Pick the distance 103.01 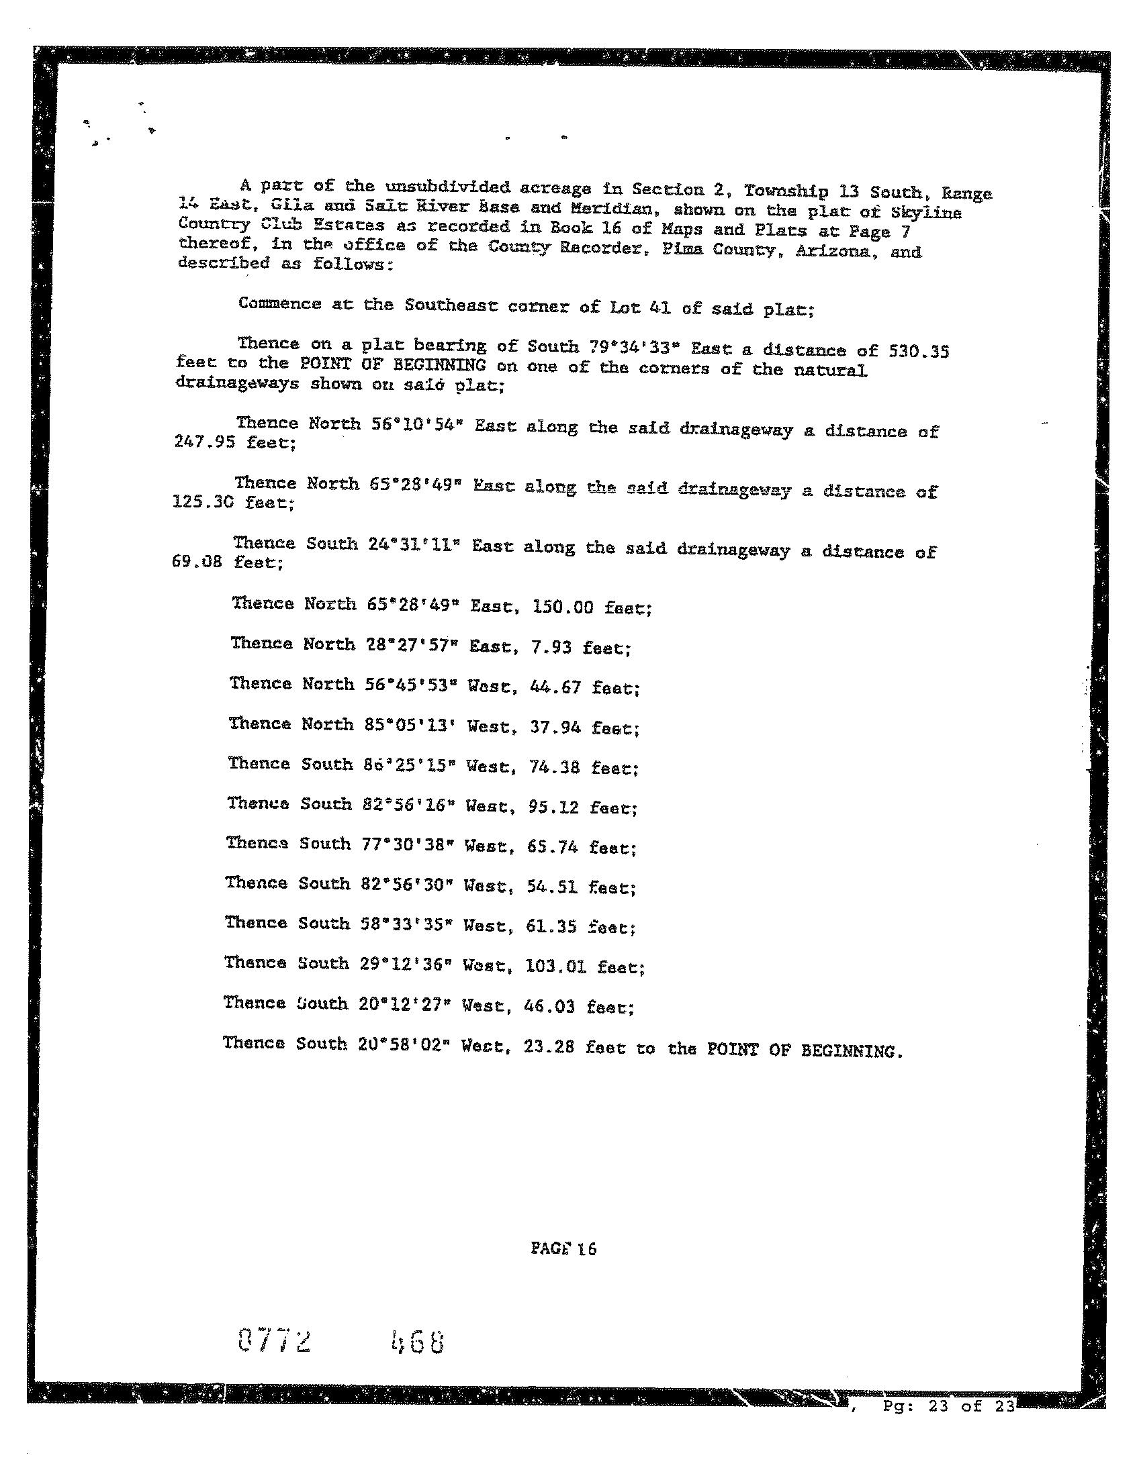(x=555, y=967)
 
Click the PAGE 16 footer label (x=563, y=1248)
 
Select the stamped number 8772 (x=275, y=1341)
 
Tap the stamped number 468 (x=418, y=1342)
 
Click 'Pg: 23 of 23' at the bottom (x=949, y=1406)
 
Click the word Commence (x=279, y=303)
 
